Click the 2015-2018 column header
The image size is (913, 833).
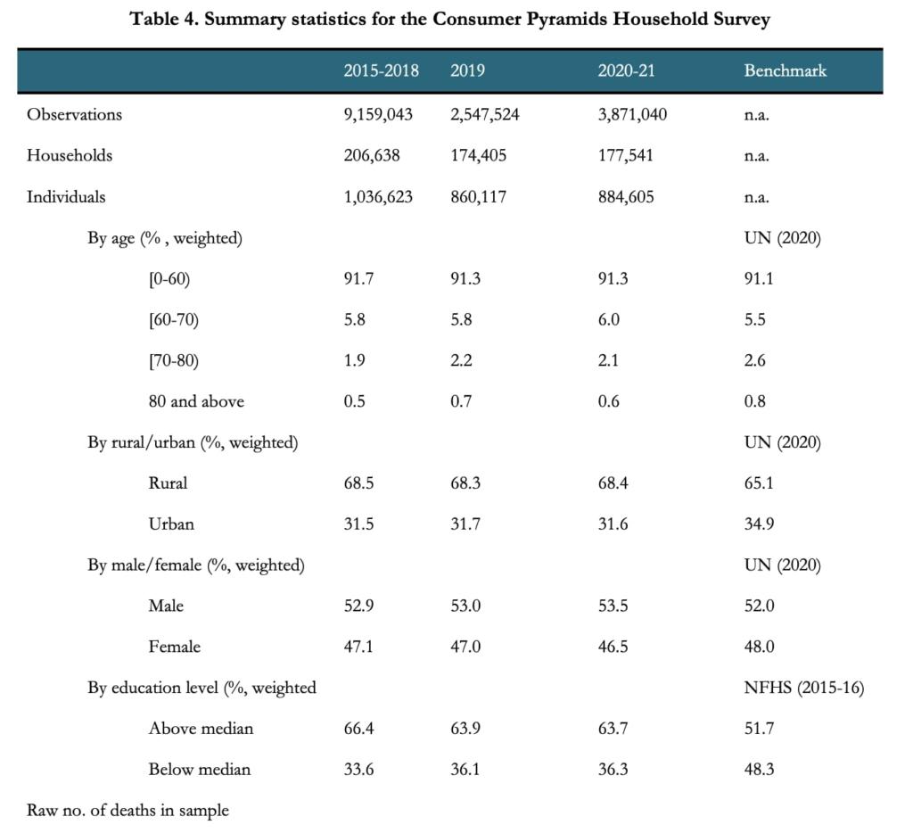381,70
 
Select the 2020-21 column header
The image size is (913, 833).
626,70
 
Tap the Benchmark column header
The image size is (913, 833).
785,70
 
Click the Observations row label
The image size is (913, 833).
74,114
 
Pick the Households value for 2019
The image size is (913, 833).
478,155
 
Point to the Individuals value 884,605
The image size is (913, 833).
625,197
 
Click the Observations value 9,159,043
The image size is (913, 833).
378,114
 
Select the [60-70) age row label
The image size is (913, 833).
173,319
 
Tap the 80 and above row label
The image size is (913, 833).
196,401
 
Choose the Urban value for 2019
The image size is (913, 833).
465,524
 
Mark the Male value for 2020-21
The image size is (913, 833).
613,606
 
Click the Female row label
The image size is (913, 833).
174,647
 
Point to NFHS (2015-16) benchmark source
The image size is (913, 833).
803,688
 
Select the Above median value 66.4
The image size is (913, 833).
358,729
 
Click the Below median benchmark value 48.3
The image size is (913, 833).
759,770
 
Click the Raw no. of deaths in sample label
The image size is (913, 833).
127,811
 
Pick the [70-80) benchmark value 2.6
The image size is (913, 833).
754,360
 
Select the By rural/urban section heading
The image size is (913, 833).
193,442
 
